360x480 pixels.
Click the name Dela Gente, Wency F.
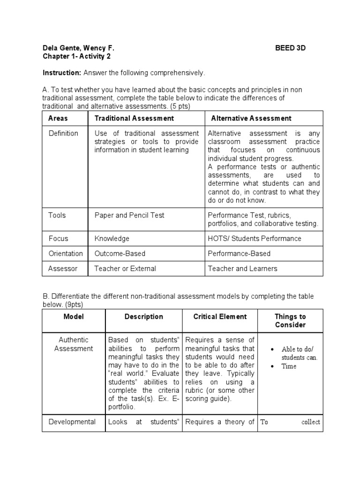tap(78, 48)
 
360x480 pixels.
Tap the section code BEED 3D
tap(290, 48)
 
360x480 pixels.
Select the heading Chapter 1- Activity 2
tap(77, 56)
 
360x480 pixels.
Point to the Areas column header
tap(58, 118)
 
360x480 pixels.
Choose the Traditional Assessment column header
tap(134, 118)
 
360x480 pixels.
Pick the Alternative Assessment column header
tap(251, 118)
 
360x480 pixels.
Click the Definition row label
tap(63, 133)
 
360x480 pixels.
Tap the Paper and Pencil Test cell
tap(129, 215)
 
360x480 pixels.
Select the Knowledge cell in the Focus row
tap(112, 238)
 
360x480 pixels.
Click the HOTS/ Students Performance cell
tap(255, 238)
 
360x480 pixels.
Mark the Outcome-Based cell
tap(120, 253)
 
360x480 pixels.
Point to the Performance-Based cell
tap(239, 253)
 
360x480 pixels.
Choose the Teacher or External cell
tap(125, 269)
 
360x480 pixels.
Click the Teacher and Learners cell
tap(242, 269)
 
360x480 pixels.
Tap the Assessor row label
tap(63, 269)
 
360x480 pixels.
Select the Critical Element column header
tap(220, 316)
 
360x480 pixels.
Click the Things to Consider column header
tap(290, 321)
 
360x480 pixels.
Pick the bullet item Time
tap(289, 366)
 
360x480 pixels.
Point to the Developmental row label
tap(72, 422)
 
